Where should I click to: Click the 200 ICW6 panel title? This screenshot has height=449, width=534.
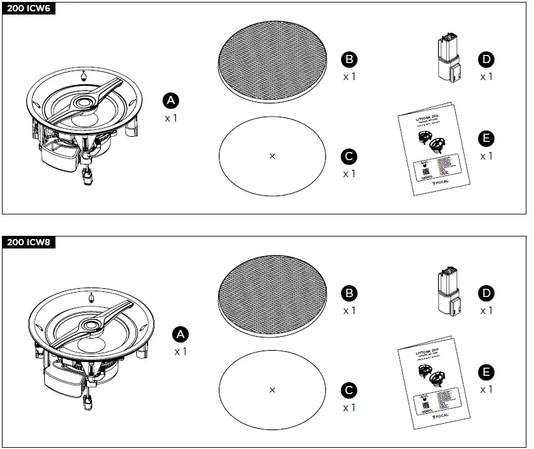coord(29,8)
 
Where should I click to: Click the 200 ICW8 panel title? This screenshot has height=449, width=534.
coord(29,242)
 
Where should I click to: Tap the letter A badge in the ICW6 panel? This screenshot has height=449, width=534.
coord(171,100)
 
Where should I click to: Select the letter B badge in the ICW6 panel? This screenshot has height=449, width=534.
coord(349,59)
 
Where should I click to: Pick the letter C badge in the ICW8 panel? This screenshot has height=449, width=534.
coord(349,390)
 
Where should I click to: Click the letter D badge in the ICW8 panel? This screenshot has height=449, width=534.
coord(486,293)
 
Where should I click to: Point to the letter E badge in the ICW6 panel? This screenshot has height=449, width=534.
coord(486,139)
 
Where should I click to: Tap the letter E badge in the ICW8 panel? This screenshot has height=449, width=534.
coord(486,372)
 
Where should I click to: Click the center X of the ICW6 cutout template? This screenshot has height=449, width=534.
coord(272,156)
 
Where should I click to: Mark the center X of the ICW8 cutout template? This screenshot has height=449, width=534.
coord(272,390)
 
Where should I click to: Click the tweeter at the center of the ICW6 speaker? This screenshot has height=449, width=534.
coord(84,102)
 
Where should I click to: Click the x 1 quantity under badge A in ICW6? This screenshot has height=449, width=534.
coord(171,118)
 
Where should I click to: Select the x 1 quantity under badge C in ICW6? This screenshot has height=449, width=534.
coord(349,173)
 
